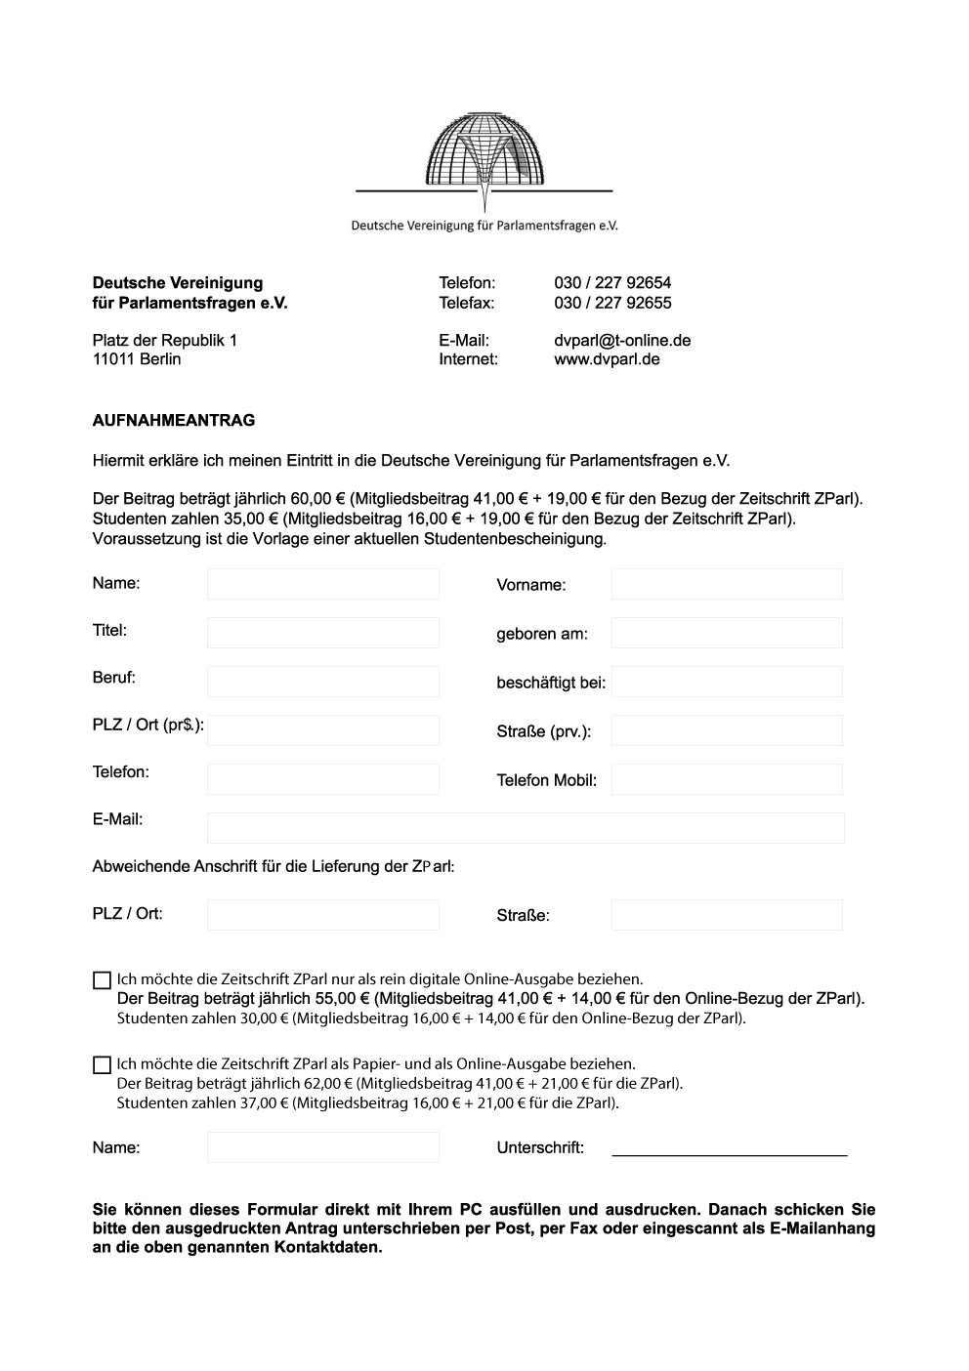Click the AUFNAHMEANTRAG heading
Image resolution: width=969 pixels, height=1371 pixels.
coord(174,421)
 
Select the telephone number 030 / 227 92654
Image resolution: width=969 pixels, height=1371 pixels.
coord(612,283)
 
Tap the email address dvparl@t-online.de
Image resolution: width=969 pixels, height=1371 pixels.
coord(622,341)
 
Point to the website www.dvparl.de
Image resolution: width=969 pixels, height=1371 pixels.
coord(607,359)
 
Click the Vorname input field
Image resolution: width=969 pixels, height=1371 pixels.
coord(727,584)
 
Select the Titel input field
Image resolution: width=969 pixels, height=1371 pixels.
coord(322,633)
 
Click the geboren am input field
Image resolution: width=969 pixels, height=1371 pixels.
coord(727,633)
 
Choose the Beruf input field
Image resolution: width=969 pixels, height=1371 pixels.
coord(322,682)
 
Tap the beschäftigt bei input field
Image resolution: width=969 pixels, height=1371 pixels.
coord(727,682)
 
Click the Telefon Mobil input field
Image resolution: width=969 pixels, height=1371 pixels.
coord(727,779)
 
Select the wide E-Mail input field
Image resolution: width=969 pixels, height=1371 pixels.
coord(526,828)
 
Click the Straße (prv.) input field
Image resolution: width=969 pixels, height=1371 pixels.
coord(727,730)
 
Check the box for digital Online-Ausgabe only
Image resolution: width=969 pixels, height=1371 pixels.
coord(102,980)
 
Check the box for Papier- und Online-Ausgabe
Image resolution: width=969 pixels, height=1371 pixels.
coord(102,1065)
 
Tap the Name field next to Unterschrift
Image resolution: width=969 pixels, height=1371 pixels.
coord(322,1147)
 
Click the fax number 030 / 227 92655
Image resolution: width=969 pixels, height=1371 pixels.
coord(612,303)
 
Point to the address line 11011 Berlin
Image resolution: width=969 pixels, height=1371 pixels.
coord(137,359)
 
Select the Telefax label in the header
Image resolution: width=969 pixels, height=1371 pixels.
coord(467,303)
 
